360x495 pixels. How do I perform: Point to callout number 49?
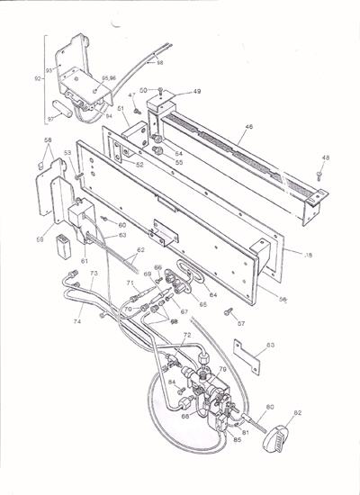196,92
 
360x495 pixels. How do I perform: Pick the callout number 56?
284,300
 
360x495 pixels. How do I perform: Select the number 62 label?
139,249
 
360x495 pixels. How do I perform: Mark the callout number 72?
186,335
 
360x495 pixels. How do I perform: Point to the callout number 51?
119,110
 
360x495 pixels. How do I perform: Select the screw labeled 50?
158,90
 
